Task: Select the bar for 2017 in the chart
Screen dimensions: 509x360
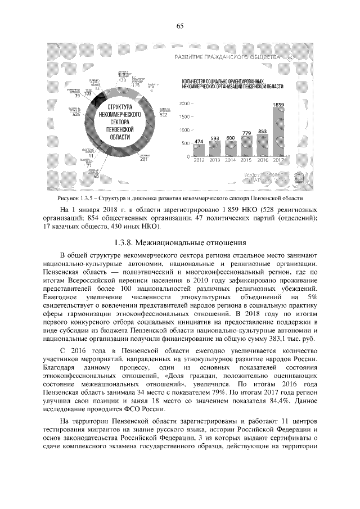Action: [278, 133]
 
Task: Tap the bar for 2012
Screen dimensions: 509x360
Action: [199, 151]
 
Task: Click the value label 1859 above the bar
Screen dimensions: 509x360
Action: [278, 105]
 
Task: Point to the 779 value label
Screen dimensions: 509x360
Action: [246, 133]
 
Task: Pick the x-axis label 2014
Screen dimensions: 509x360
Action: [231, 161]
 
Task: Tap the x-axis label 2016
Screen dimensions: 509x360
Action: [262, 161]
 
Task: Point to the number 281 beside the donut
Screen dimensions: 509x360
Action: [144, 159]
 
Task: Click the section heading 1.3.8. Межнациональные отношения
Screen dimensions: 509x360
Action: [180, 244]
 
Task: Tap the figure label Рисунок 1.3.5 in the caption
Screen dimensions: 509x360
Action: [76, 198]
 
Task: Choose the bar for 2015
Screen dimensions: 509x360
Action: [246, 147]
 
